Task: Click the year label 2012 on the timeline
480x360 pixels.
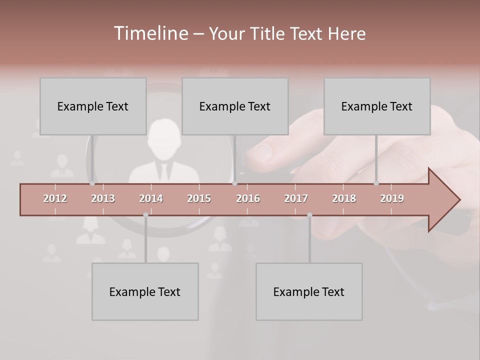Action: tap(55, 198)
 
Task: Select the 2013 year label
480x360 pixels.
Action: tap(103, 198)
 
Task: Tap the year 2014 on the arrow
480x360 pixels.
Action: tap(151, 198)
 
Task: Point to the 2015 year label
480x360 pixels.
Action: tap(199, 198)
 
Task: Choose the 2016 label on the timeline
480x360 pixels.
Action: tap(248, 198)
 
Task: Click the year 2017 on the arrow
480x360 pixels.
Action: tap(296, 198)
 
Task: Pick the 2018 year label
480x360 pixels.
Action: tap(344, 198)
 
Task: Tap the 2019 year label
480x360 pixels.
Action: tap(392, 198)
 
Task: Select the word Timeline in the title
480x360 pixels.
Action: tap(150, 33)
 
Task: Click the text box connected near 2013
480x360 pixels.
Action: tap(93, 106)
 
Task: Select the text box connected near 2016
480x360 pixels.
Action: tap(235, 106)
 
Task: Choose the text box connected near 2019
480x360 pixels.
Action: tap(377, 106)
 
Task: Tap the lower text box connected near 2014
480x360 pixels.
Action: tap(145, 291)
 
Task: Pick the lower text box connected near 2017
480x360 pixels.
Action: tap(309, 291)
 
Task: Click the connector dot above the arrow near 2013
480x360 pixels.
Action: tap(92, 183)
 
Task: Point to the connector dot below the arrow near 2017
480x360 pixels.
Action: tap(309, 215)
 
